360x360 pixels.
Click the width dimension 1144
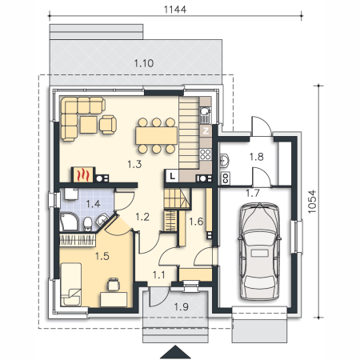pyautogui.click(x=175, y=10)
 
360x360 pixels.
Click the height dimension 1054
pyautogui.click(x=312, y=202)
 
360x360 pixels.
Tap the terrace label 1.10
pyautogui.click(x=144, y=63)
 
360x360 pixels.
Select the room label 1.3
pyautogui.click(x=134, y=164)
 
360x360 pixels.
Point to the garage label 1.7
pyautogui.click(x=253, y=193)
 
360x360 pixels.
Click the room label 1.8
pyautogui.click(x=256, y=157)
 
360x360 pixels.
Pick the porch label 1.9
pyautogui.click(x=182, y=307)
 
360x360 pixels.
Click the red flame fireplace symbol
pyautogui.click(x=82, y=175)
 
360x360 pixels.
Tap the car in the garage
pyautogui.click(x=259, y=251)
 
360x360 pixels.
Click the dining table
pyautogui.click(x=157, y=135)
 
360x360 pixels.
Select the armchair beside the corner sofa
pyautogui.click(x=108, y=124)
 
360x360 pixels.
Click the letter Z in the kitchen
pyautogui.click(x=206, y=131)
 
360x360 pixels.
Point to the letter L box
pyautogui.click(x=173, y=176)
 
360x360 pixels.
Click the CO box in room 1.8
pyautogui.click(x=226, y=178)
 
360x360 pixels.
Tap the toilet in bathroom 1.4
pyautogui.click(x=87, y=224)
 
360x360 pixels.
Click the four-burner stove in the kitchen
pyautogui.click(x=206, y=154)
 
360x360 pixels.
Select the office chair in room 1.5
pyautogui.click(x=113, y=284)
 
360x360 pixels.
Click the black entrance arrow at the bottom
pyautogui.click(x=175, y=352)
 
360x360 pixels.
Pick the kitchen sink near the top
pyautogui.click(x=206, y=114)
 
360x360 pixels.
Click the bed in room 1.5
pyautogui.click(x=71, y=284)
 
